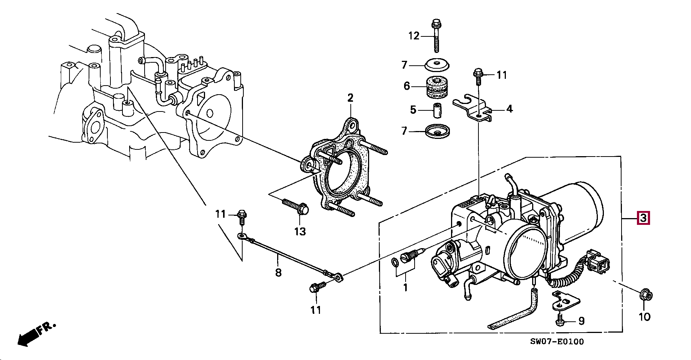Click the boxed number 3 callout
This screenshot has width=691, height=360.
click(x=643, y=218)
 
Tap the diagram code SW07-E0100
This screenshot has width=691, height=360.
click(x=557, y=341)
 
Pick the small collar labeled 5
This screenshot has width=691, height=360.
click(x=437, y=110)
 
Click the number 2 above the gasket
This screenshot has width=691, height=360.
click(x=350, y=98)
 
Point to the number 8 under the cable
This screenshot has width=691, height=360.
click(x=278, y=272)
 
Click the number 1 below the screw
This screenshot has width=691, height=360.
click(x=405, y=288)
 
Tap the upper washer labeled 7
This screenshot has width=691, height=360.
click(x=437, y=65)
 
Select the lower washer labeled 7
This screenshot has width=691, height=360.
click(x=438, y=131)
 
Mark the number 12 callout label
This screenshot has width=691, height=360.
click(x=413, y=36)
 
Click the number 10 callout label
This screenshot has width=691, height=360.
click(x=644, y=317)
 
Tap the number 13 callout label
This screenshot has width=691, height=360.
click(x=300, y=231)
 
